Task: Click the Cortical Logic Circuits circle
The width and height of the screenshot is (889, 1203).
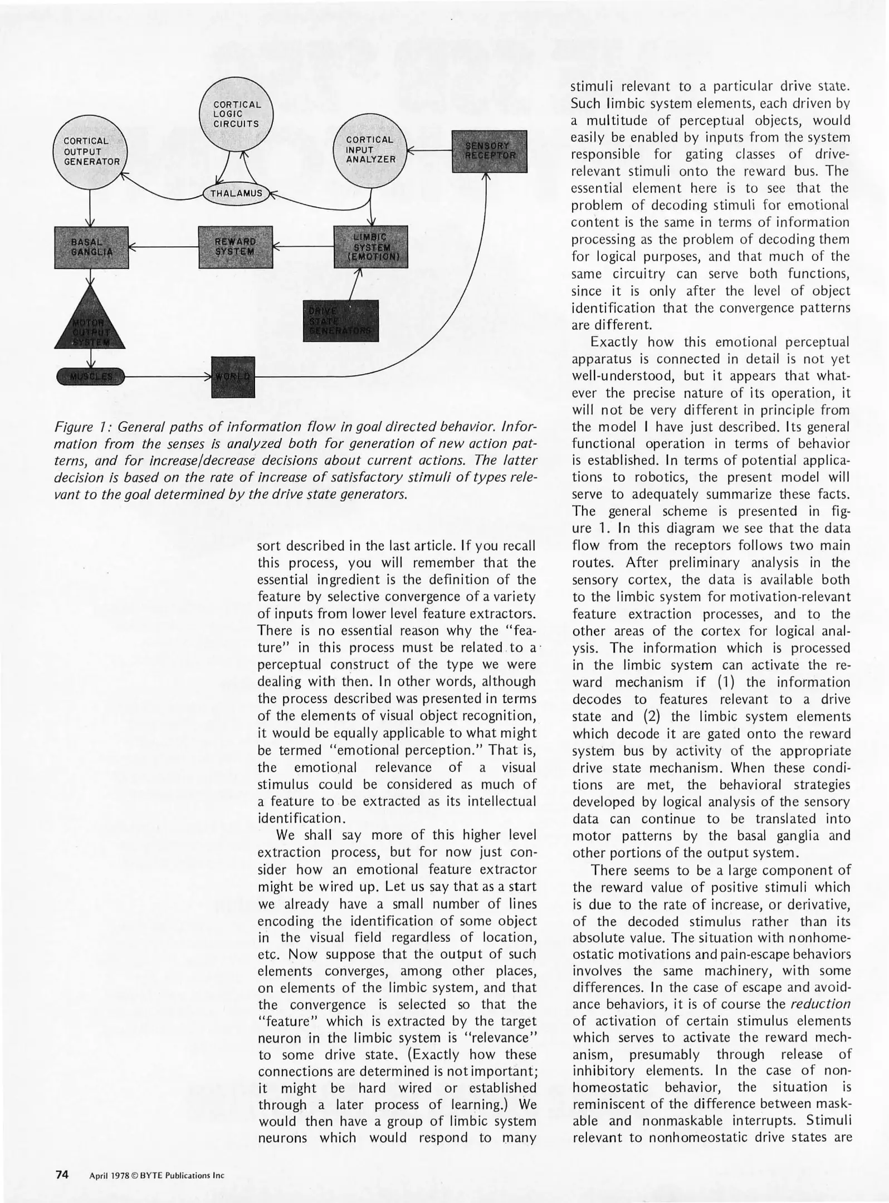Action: click(237, 114)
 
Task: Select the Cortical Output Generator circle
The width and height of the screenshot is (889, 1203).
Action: click(90, 151)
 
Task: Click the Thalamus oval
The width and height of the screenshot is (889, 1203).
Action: click(237, 194)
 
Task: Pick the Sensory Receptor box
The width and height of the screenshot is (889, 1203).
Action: click(489, 151)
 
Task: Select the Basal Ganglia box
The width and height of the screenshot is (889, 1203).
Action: click(91, 247)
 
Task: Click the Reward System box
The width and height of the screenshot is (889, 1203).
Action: click(236, 247)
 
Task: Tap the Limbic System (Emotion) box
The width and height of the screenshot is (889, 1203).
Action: click(370, 247)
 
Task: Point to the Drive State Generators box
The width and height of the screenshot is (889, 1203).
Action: click(340, 321)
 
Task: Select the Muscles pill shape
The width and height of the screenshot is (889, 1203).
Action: click(91, 377)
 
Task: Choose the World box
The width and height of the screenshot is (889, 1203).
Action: click(233, 376)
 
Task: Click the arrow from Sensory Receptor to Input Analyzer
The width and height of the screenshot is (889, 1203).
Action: click(429, 150)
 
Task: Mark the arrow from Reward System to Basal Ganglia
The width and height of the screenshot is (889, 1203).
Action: click(164, 247)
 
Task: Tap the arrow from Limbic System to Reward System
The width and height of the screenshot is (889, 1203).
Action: click(303, 247)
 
